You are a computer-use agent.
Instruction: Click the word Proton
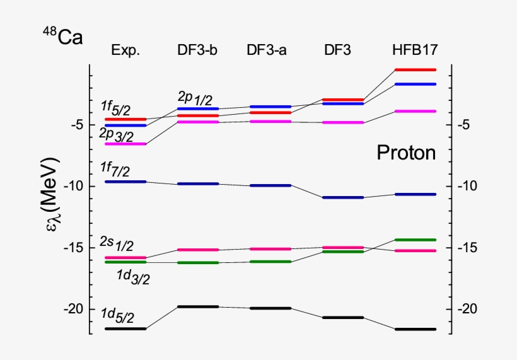406,153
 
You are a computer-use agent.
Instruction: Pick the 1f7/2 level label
117,168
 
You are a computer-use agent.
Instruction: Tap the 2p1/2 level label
195,98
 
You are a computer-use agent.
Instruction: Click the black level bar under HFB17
414,329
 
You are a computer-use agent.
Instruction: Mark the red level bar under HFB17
414,69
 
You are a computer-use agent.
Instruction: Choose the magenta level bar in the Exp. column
125,144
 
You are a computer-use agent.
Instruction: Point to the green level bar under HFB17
414,240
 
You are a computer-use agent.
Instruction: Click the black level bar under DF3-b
197,306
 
